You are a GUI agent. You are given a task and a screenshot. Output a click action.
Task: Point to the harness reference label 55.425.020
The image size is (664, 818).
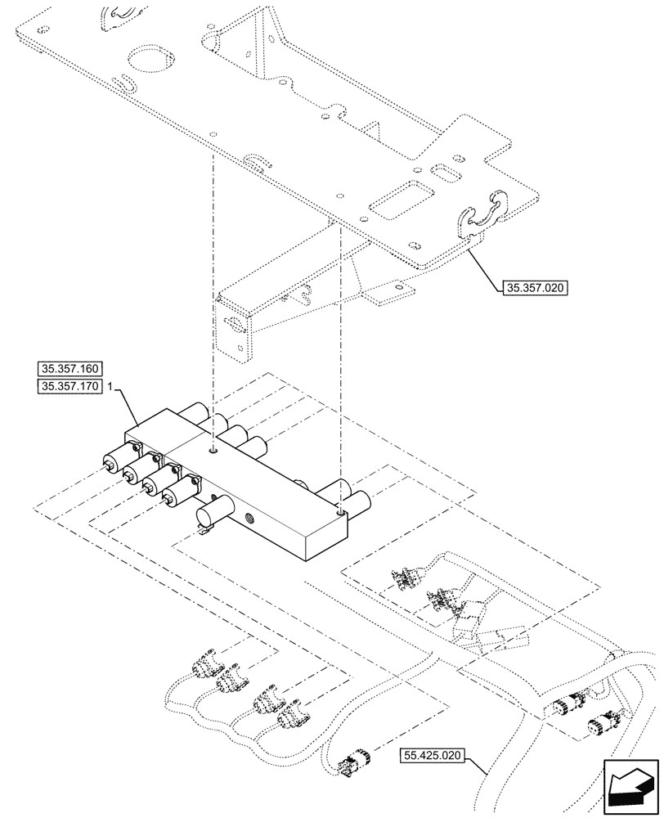pos(433,757)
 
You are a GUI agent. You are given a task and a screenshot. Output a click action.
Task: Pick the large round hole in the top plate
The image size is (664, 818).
pos(149,60)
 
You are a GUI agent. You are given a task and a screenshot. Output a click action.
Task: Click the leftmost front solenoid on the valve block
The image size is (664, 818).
pos(116,461)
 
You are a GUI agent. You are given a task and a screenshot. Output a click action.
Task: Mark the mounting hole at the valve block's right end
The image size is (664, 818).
pos(340,512)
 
